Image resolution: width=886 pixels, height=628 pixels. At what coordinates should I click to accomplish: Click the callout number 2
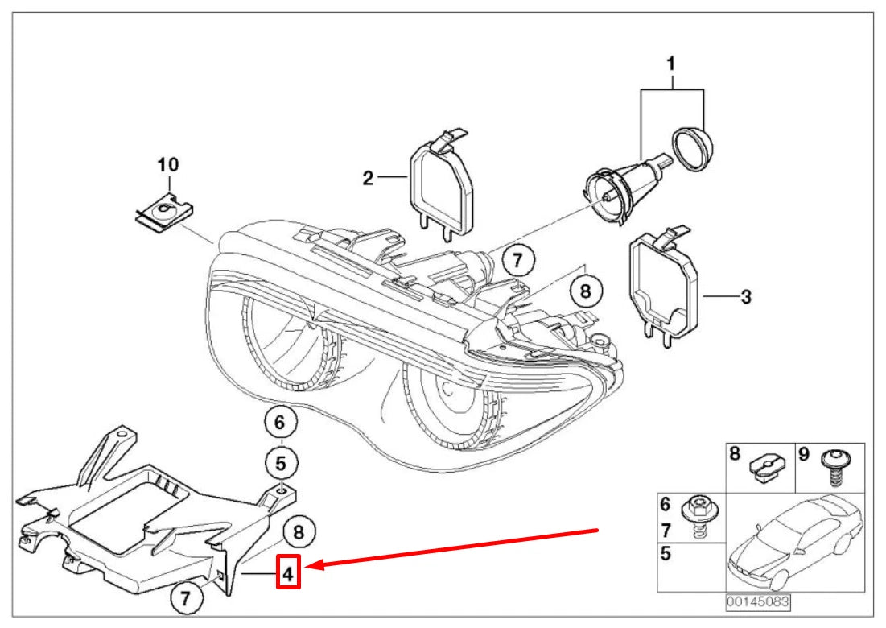[x=368, y=178]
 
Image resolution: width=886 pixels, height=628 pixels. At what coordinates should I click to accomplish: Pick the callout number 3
[x=745, y=297]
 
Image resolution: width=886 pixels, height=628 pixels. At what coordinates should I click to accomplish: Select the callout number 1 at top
[x=671, y=62]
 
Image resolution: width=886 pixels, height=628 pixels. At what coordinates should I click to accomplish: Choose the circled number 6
[x=280, y=422]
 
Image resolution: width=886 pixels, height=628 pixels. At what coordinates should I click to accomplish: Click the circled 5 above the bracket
[x=280, y=463]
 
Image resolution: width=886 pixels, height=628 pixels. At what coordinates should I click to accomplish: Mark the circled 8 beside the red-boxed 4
[x=298, y=531]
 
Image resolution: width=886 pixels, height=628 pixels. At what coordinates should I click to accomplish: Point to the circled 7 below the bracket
[x=186, y=598]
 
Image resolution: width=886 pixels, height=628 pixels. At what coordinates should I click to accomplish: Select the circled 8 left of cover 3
[x=585, y=291]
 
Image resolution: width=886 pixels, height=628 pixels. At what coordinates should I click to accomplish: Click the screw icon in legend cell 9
[x=832, y=467]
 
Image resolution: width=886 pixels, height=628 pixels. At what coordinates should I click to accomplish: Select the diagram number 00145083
[x=757, y=601]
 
